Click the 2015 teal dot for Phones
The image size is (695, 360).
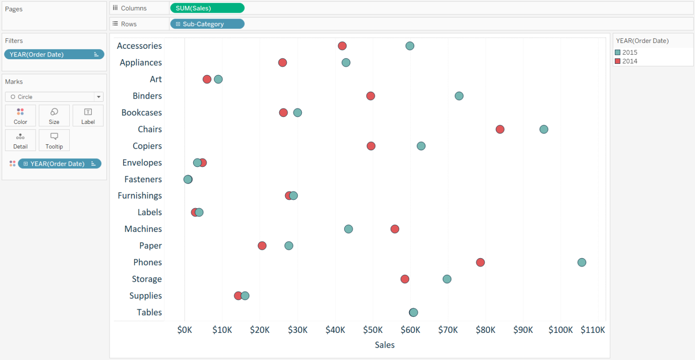[x=581, y=262]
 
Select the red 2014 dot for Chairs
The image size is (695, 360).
[x=500, y=129]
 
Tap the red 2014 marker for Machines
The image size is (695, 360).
[x=395, y=229]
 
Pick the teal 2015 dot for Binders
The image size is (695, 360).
[x=459, y=96]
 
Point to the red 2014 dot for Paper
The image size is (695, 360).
[x=262, y=246]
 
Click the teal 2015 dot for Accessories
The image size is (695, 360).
[x=409, y=46]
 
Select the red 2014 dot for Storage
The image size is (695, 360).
[x=405, y=279]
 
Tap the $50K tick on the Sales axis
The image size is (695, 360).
[x=373, y=330]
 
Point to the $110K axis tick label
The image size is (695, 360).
[x=592, y=330]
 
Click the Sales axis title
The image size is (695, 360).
[x=385, y=345]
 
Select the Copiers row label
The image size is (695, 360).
[x=147, y=146]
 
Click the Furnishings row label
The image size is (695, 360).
[x=140, y=196]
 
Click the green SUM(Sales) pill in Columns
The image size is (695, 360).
[x=207, y=8]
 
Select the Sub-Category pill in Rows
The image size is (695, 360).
[x=207, y=24]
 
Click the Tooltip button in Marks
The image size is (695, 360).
[x=54, y=140]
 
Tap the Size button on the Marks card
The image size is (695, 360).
[x=54, y=116]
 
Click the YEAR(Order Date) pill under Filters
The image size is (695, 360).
[x=54, y=54]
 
